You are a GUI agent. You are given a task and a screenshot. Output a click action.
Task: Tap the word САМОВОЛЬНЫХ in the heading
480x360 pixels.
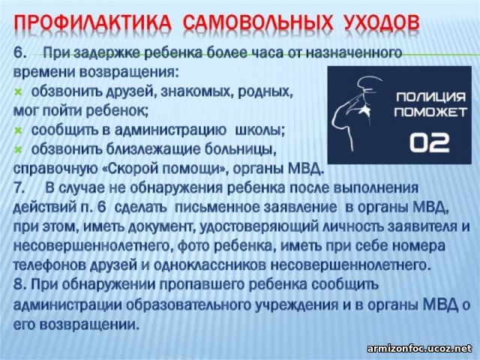259,22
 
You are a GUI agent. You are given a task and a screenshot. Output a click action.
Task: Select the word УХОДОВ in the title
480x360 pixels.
382,22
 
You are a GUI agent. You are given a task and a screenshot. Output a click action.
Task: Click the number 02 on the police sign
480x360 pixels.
430,142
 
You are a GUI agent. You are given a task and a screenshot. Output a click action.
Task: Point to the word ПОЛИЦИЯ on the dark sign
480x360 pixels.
430,97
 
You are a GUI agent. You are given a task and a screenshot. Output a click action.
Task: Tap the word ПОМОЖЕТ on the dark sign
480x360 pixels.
430,112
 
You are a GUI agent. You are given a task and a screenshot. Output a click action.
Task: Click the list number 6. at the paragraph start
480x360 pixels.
19,53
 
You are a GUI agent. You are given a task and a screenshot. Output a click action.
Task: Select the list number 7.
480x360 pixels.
19,188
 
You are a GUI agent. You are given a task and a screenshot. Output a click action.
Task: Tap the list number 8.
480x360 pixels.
19,284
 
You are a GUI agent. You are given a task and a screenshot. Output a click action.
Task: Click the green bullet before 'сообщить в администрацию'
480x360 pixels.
18,131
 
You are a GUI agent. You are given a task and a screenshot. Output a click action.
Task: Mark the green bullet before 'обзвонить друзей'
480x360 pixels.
18,92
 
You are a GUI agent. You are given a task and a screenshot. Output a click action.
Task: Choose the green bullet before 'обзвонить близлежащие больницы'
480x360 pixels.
18,150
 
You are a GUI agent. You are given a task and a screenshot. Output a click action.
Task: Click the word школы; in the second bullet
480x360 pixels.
260,130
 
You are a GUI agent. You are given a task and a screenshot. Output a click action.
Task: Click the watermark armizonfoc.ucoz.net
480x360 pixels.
420,349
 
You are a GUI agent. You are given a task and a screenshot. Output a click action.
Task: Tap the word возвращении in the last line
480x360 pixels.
89,325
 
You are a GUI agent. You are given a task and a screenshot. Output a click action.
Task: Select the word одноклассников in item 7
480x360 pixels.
210,265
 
